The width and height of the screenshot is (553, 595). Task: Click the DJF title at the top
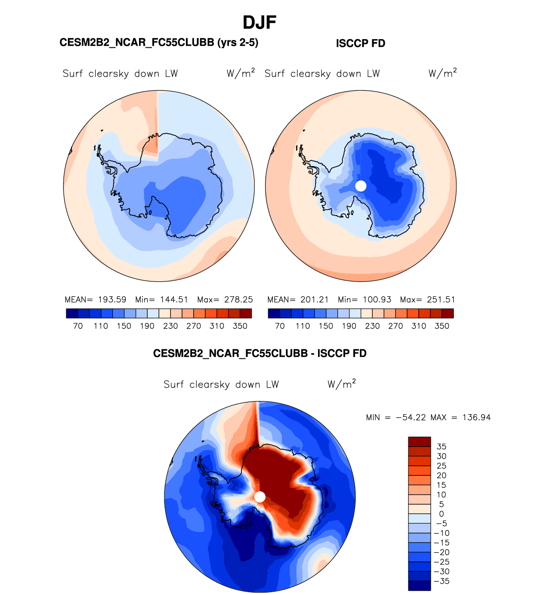tap(259, 22)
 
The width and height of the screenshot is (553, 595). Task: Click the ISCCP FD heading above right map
tap(360, 43)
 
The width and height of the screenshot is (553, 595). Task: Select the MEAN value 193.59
tap(112, 299)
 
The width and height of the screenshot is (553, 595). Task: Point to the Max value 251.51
tap(441, 299)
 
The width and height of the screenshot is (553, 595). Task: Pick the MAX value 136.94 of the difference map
tap(476, 417)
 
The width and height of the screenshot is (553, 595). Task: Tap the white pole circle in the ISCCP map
tap(361, 186)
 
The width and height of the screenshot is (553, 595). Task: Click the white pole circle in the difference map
tap(260, 497)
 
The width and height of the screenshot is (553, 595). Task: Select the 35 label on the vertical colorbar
tap(441, 447)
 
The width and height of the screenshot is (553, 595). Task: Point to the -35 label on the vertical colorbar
tap(441, 581)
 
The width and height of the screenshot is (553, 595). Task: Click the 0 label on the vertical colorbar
tap(441, 514)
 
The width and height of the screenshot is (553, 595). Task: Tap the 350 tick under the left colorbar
tap(240, 326)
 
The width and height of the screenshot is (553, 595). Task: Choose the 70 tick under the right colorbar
tap(280, 326)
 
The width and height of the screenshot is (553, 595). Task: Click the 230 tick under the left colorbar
tap(170, 326)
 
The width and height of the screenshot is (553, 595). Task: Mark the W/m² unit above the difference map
tap(342, 384)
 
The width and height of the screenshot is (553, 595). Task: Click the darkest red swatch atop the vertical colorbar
tap(419, 442)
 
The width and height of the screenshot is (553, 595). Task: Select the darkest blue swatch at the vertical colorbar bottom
tap(419, 586)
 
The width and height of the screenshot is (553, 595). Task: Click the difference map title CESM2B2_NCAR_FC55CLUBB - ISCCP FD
tap(260, 354)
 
